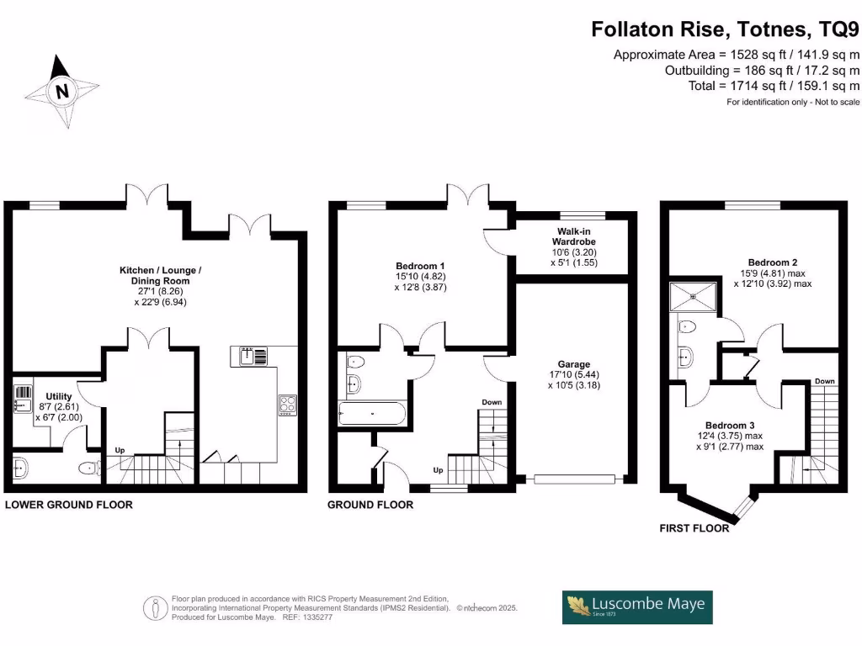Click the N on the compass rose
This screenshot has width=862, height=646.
click(62, 91)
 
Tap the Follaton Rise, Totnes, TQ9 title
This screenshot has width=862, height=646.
click(725, 29)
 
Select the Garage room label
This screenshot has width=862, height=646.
click(574, 364)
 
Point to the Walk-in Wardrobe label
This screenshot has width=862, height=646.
click(574, 236)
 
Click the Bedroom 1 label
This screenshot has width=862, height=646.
click(421, 266)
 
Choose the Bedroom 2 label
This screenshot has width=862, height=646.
click(773, 262)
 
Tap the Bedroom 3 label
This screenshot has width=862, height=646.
click(730, 425)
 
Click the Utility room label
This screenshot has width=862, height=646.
click(59, 396)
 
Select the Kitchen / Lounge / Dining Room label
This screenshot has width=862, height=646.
click(161, 275)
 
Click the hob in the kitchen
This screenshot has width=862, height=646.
click(288, 405)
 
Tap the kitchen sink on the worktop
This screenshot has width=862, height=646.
click(253, 357)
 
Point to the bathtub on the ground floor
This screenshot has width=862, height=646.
click(372, 413)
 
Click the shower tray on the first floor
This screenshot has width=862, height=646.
click(694, 297)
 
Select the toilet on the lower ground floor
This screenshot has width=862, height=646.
click(89, 469)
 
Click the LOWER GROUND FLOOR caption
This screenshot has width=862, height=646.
click(69, 505)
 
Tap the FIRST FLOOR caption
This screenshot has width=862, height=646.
click(694, 528)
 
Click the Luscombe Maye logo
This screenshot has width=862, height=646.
click(637, 607)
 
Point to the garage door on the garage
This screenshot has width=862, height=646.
click(574, 479)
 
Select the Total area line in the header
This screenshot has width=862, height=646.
click(774, 86)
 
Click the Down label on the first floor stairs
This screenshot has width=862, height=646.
click(825, 381)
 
